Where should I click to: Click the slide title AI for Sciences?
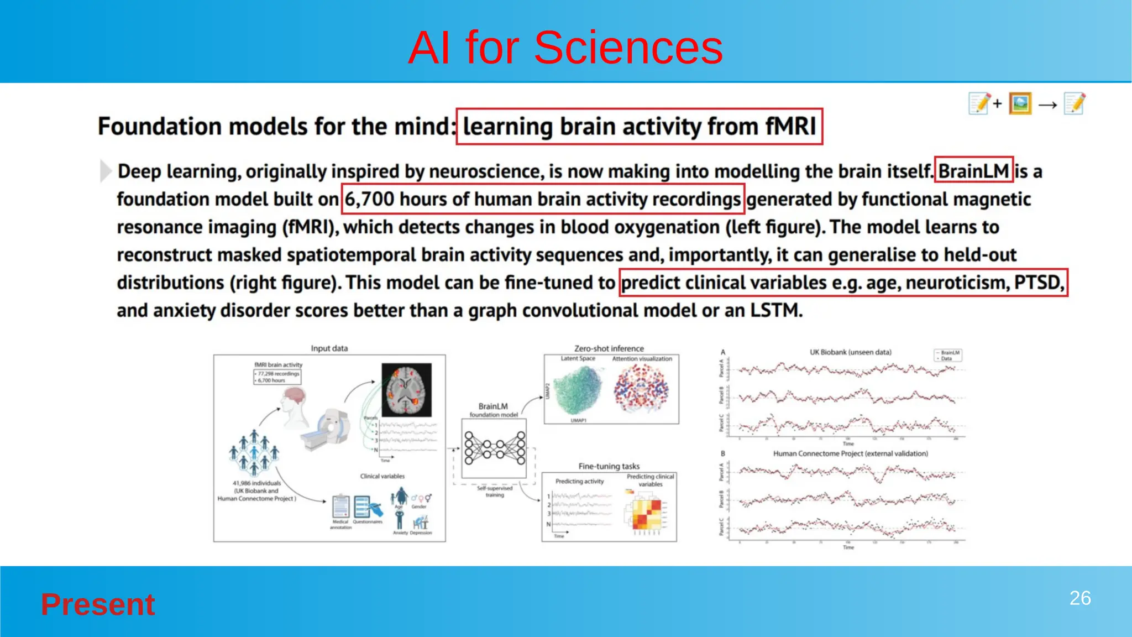pyautogui.click(x=565, y=48)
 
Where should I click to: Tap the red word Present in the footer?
pyautogui.click(x=98, y=604)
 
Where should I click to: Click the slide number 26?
pyautogui.click(x=1079, y=598)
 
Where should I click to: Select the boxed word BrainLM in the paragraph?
pyautogui.click(x=973, y=171)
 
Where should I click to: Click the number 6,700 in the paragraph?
pyautogui.click(x=369, y=199)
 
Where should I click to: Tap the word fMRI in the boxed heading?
pyautogui.click(x=790, y=127)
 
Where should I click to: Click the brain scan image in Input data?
pyautogui.click(x=406, y=390)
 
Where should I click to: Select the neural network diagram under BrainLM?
pyautogui.click(x=494, y=448)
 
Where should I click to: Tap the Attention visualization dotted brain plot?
pyautogui.click(x=641, y=389)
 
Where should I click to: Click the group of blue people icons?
pyautogui.click(x=254, y=452)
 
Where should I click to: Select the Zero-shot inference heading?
pyautogui.click(x=609, y=348)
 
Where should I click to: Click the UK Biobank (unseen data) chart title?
pyautogui.click(x=850, y=352)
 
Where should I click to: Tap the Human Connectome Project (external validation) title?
pyautogui.click(x=850, y=453)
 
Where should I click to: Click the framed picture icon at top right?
pyautogui.click(x=1020, y=103)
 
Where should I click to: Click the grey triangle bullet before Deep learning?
pyautogui.click(x=105, y=171)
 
